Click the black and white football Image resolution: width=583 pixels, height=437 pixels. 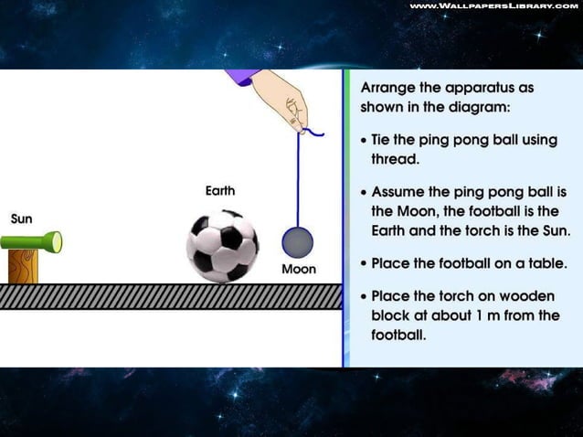[x=222, y=246]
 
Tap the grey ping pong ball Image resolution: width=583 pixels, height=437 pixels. [x=297, y=242]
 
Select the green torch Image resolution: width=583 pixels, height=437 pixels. [x=31, y=242]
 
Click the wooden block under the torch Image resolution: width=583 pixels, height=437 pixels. [x=23, y=266]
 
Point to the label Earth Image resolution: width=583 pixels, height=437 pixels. [x=220, y=191]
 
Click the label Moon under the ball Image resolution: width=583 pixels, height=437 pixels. [x=299, y=270]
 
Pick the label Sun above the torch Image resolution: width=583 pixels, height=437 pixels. [x=22, y=219]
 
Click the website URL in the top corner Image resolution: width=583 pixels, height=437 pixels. [x=493, y=6]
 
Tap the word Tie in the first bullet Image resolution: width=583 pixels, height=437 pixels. [x=381, y=140]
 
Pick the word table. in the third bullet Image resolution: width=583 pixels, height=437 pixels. [x=545, y=263]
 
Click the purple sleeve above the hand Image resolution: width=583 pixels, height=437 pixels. [x=242, y=77]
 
